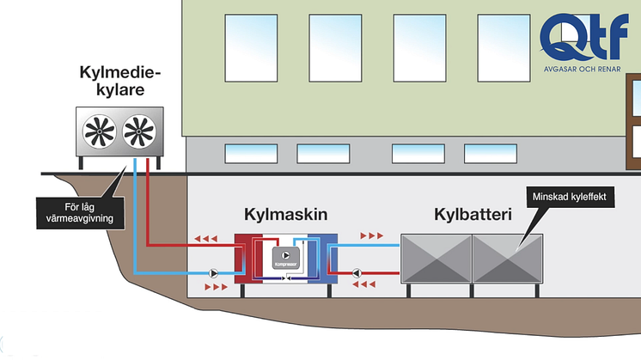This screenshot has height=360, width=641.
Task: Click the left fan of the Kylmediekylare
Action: (101, 132)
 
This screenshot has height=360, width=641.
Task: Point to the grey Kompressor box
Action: (286, 257)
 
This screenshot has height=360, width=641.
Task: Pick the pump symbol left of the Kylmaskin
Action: (213, 273)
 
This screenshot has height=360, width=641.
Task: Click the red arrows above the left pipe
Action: (205, 240)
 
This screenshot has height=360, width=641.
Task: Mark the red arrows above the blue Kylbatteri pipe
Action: (372, 235)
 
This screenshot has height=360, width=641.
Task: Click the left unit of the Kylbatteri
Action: (436, 257)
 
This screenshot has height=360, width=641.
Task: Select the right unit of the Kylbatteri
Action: (507, 257)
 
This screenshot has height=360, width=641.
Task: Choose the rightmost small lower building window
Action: (490, 153)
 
